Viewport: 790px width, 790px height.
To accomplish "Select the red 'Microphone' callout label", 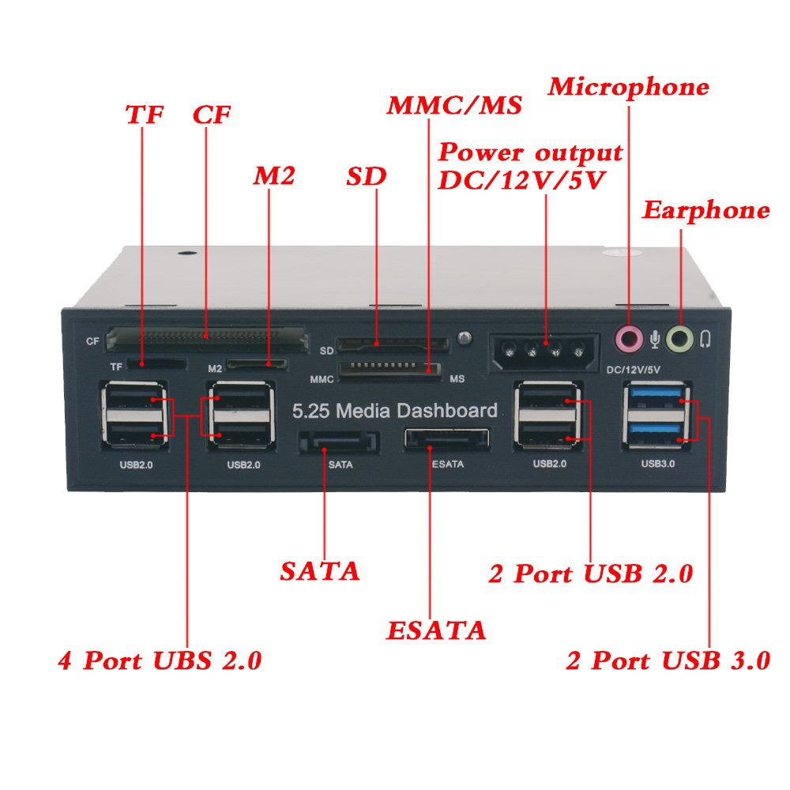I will pyautogui.click(x=629, y=86).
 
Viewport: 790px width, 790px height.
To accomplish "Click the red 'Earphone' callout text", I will pyautogui.click(x=705, y=210).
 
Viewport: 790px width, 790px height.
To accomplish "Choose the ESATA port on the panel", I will pyautogui.click(x=446, y=440).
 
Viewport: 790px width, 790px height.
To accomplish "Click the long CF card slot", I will pyautogui.click(x=206, y=338).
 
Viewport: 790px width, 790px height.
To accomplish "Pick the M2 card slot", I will pyautogui.click(x=257, y=365).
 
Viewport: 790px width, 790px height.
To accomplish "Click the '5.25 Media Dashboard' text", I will pyautogui.click(x=395, y=411).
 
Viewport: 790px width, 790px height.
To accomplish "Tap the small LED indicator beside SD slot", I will pyautogui.click(x=465, y=338).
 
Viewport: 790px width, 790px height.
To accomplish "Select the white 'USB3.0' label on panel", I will pyautogui.click(x=657, y=464).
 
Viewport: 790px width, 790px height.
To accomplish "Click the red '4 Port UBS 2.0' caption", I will pyautogui.click(x=160, y=660).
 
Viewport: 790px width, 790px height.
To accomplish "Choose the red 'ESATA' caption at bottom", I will pyautogui.click(x=436, y=630).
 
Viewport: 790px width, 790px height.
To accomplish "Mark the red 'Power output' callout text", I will pyautogui.click(x=530, y=152).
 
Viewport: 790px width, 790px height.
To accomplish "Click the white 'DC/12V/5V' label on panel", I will pyautogui.click(x=633, y=369).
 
